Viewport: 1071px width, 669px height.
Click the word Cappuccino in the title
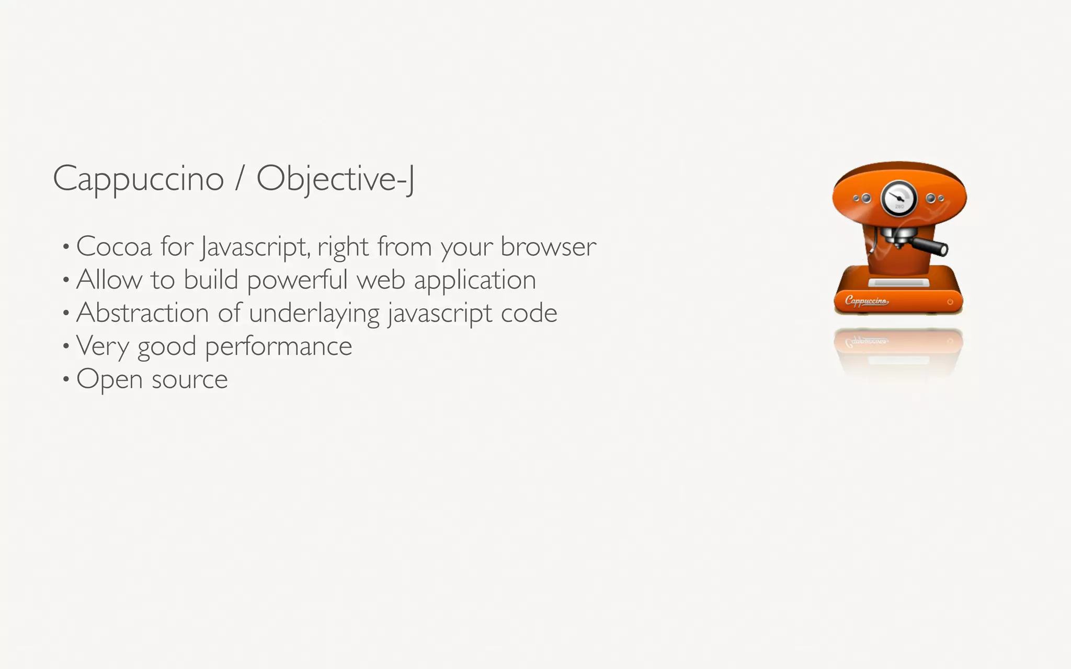(x=139, y=179)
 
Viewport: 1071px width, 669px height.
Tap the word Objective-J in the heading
(x=335, y=179)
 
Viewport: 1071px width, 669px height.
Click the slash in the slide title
(x=240, y=179)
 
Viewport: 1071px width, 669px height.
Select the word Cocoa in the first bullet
(x=113, y=246)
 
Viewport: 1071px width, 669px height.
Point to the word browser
(x=548, y=246)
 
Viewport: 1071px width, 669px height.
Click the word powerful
(x=297, y=280)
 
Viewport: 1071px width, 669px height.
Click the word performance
(x=278, y=347)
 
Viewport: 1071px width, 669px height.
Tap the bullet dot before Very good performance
(x=66, y=346)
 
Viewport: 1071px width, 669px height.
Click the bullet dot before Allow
(x=66, y=280)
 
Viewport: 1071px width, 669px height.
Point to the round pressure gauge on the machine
(x=899, y=199)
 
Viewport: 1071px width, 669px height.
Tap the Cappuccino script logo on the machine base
(x=866, y=301)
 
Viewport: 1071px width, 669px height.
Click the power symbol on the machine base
(x=950, y=302)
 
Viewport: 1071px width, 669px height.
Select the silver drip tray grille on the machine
(x=898, y=283)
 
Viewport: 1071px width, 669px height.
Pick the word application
(x=475, y=280)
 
